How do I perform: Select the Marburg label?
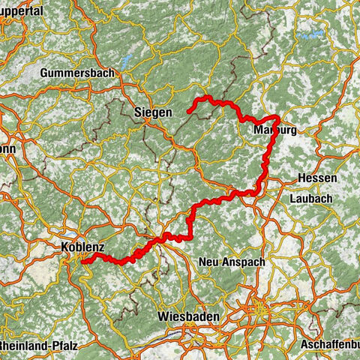coord(271,130)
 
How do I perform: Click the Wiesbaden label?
coord(188,317)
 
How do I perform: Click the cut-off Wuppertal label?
coord(22,13)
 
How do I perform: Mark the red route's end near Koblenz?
coord(82,261)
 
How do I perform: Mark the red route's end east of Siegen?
coord(188,112)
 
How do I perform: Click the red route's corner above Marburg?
coord(277,118)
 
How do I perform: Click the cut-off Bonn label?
coord(7,148)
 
